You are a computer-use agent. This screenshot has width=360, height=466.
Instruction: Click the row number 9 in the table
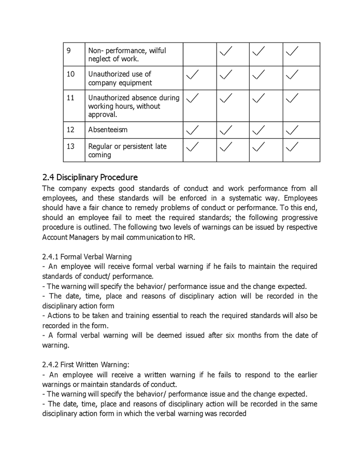(69, 51)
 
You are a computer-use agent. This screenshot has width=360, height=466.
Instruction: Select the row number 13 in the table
(71, 147)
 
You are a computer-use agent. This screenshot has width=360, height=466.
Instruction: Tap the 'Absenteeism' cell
(108, 129)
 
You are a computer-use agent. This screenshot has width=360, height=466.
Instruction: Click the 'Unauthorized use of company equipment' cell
(120, 79)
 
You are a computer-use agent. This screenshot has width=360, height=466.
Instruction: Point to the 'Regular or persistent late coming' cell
(127, 151)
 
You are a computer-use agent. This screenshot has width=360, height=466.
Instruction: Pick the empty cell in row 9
(199, 54)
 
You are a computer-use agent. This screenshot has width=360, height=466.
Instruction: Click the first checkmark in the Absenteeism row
(192, 129)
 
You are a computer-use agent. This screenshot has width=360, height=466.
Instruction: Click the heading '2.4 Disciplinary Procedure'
(90, 178)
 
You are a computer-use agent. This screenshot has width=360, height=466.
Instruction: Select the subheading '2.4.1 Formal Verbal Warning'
(87, 256)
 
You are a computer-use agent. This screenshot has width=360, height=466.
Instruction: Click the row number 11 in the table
(71, 97)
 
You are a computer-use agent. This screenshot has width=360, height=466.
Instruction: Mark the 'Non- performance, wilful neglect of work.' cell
(127, 54)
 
